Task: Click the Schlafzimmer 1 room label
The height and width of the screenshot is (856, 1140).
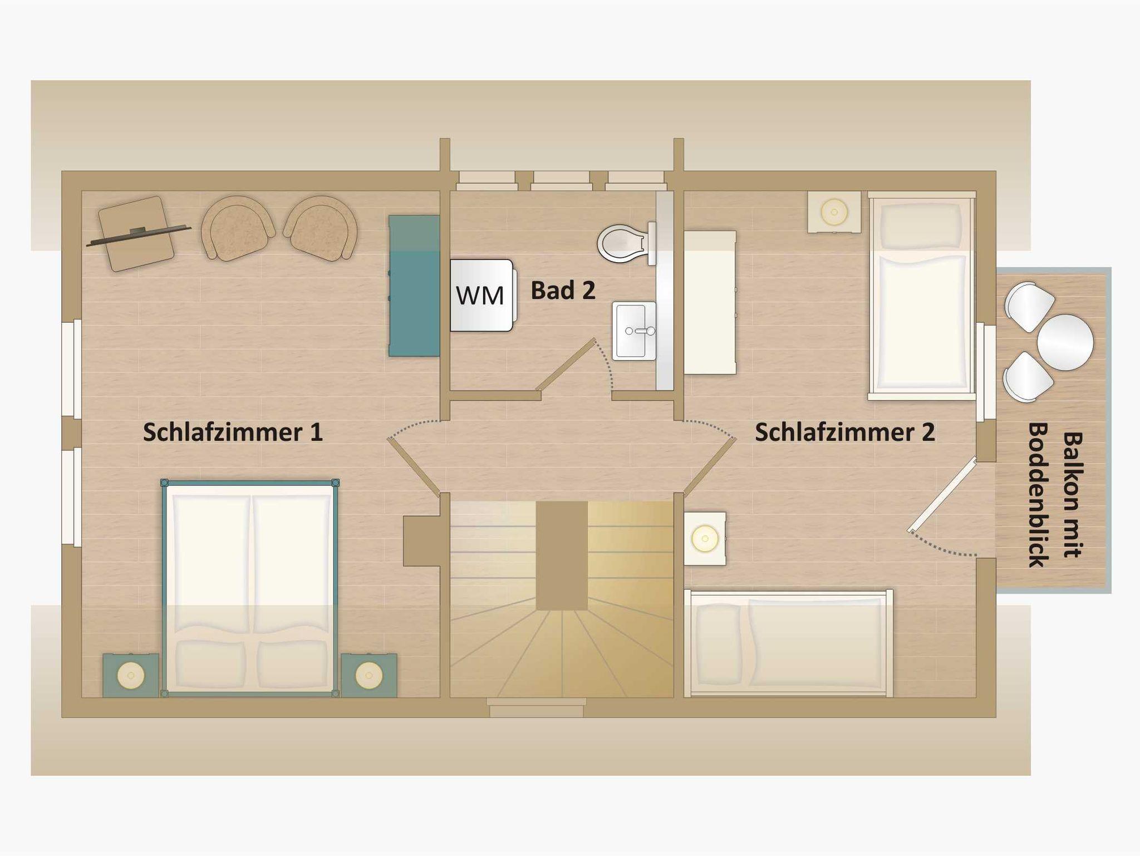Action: [x=233, y=432]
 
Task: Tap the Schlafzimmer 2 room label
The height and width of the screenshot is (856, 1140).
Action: [x=844, y=432]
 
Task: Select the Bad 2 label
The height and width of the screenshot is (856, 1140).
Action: [x=563, y=291]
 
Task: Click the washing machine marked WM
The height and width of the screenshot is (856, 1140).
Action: [x=482, y=295]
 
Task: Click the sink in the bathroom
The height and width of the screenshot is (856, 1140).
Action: [x=635, y=331]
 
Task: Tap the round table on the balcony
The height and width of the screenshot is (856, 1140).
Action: [x=1065, y=342]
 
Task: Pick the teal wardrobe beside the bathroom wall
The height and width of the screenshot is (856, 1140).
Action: [x=414, y=286]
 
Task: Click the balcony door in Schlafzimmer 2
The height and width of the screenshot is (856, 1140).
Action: [x=942, y=495]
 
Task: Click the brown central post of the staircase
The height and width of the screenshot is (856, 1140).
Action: [x=562, y=555]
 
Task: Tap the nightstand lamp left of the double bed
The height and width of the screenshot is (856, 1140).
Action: [x=131, y=676]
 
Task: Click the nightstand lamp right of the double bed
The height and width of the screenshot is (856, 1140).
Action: [x=368, y=676]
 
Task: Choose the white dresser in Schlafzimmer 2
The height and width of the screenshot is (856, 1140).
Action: [x=710, y=303]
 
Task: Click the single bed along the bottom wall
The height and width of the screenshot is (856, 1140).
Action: [x=789, y=643]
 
